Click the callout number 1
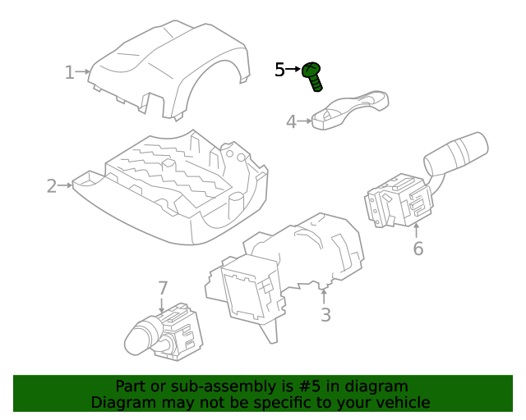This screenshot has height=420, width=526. click(x=69, y=73)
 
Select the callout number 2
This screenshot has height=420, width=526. click(x=51, y=186)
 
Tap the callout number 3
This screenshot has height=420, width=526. click(x=325, y=314)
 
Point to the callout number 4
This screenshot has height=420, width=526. click(x=290, y=122)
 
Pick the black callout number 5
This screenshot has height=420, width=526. click(x=279, y=71)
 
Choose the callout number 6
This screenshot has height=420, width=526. click(x=418, y=248)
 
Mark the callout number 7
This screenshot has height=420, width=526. click(x=163, y=288)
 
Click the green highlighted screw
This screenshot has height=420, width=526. click(x=313, y=75)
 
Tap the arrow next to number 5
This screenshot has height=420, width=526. click(x=294, y=71)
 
